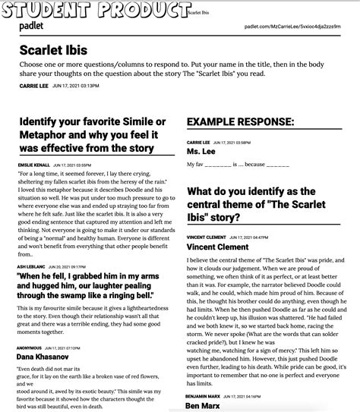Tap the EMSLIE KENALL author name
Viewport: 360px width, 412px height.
(x=34, y=165)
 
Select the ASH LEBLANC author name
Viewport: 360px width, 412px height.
(x=33, y=267)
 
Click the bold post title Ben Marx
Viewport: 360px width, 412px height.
(x=203, y=406)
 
